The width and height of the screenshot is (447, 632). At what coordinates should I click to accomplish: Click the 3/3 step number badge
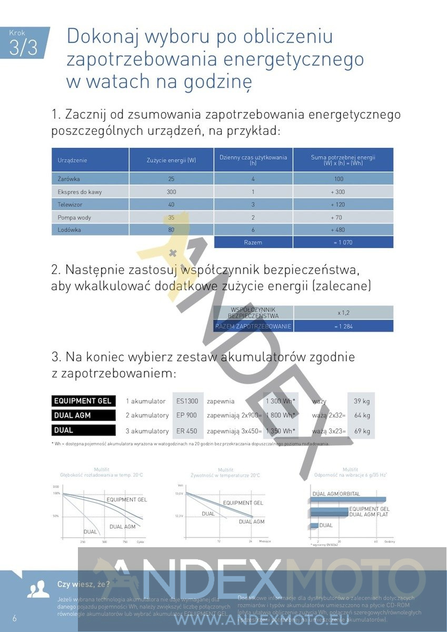(x=24, y=46)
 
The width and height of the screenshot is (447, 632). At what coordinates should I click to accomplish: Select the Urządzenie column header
(x=72, y=160)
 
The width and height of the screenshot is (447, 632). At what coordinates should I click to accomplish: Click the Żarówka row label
(x=68, y=179)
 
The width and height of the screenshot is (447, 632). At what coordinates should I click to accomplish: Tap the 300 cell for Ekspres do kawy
(x=171, y=192)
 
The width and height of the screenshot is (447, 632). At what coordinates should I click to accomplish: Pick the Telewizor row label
(x=70, y=204)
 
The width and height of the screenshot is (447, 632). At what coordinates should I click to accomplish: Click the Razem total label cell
(x=253, y=242)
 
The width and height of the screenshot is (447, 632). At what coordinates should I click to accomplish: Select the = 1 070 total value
(x=342, y=242)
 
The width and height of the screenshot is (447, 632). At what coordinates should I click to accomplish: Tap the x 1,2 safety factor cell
(x=343, y=313)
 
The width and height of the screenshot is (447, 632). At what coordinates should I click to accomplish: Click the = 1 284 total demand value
(x=343, y=327)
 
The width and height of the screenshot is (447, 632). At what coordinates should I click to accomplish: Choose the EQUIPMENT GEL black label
(x=83, y=401)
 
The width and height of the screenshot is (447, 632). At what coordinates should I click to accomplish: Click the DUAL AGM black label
(x=83, y=416)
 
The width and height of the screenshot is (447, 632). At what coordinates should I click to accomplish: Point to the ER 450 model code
(x=187, y=431)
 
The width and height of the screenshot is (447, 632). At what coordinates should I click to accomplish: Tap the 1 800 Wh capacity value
(x=280, y=416)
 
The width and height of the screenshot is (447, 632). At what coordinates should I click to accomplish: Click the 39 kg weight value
(x=361, y=401)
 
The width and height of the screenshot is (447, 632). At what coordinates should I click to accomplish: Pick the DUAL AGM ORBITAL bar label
(x=336, y=494)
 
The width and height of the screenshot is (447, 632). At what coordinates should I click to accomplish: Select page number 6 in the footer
(x=15, y=618)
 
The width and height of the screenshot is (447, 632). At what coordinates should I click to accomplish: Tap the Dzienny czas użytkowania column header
(x=253, y=160)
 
